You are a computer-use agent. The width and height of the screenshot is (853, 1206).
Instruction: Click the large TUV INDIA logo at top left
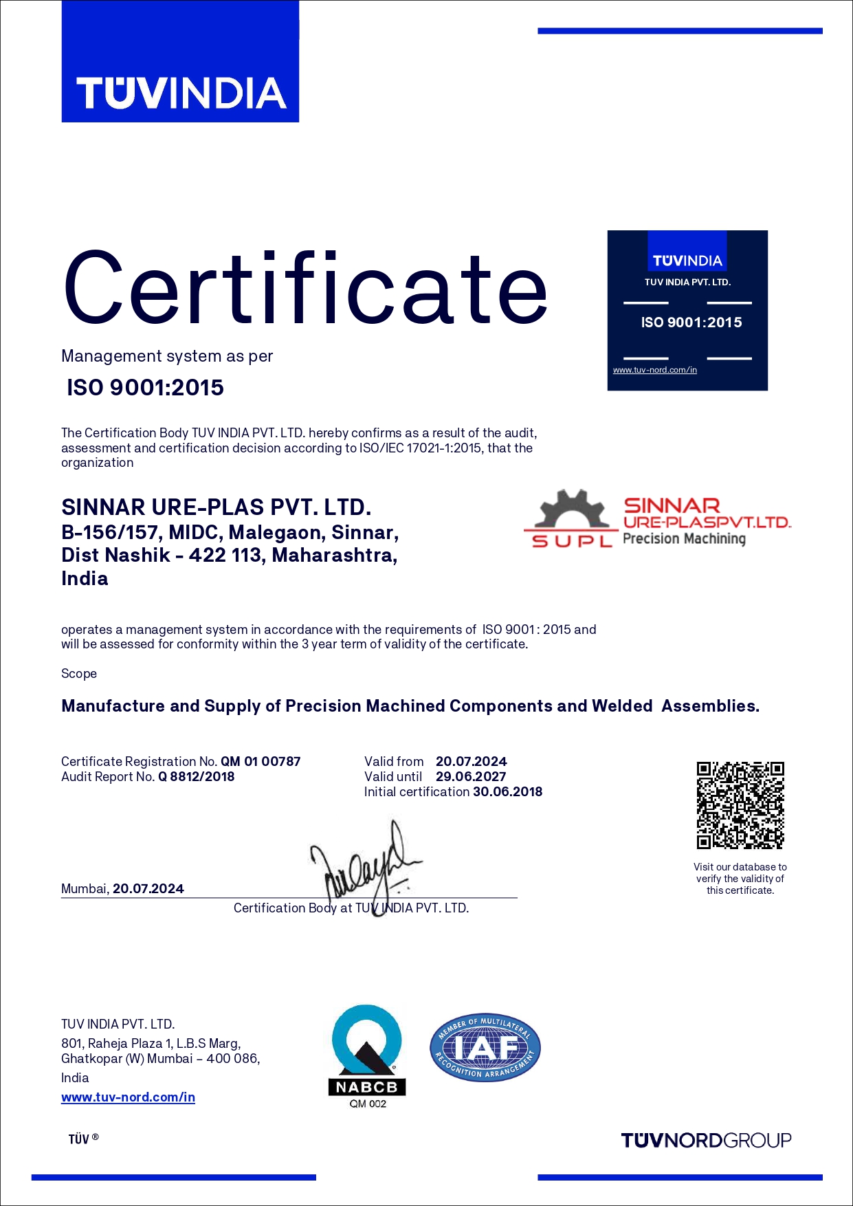click(x=180, y=62)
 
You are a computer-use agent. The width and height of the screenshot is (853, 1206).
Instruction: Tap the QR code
click(x=740, y=805)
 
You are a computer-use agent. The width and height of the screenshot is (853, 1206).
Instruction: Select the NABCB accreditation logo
click(x=367, y=1055)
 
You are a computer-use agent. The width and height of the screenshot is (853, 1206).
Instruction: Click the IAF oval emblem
click(x=485, y=1048)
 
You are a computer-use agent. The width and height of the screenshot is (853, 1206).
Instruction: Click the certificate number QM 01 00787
click(x=261, y=761)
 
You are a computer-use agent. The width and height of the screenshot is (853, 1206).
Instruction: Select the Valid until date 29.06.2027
click(x=471, y=776)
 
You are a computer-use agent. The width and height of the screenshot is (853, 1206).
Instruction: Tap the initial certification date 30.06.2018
click(x=508, y=791)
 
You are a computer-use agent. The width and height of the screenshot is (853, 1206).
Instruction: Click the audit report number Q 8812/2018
click(x=197, y=776)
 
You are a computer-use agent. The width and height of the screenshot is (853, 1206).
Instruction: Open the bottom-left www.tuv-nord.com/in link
click(x=128, y=1097)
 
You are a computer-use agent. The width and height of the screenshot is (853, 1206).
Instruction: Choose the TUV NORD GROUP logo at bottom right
click(x=706, y=1141)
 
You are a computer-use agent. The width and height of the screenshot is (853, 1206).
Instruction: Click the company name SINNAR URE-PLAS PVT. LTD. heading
click(x=217, y=507)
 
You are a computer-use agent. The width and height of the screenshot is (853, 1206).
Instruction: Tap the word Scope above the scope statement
click(x=79, y=673)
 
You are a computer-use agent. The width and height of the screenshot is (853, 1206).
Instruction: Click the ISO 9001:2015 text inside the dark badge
click(x=691, y=322)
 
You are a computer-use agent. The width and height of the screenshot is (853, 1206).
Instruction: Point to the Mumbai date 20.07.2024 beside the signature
click(x=148, y=888)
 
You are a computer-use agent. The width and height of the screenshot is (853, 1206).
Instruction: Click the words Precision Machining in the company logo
click(x=684, y=538)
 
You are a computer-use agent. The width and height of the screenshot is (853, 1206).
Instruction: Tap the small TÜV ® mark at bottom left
click(x=83, y=1139)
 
